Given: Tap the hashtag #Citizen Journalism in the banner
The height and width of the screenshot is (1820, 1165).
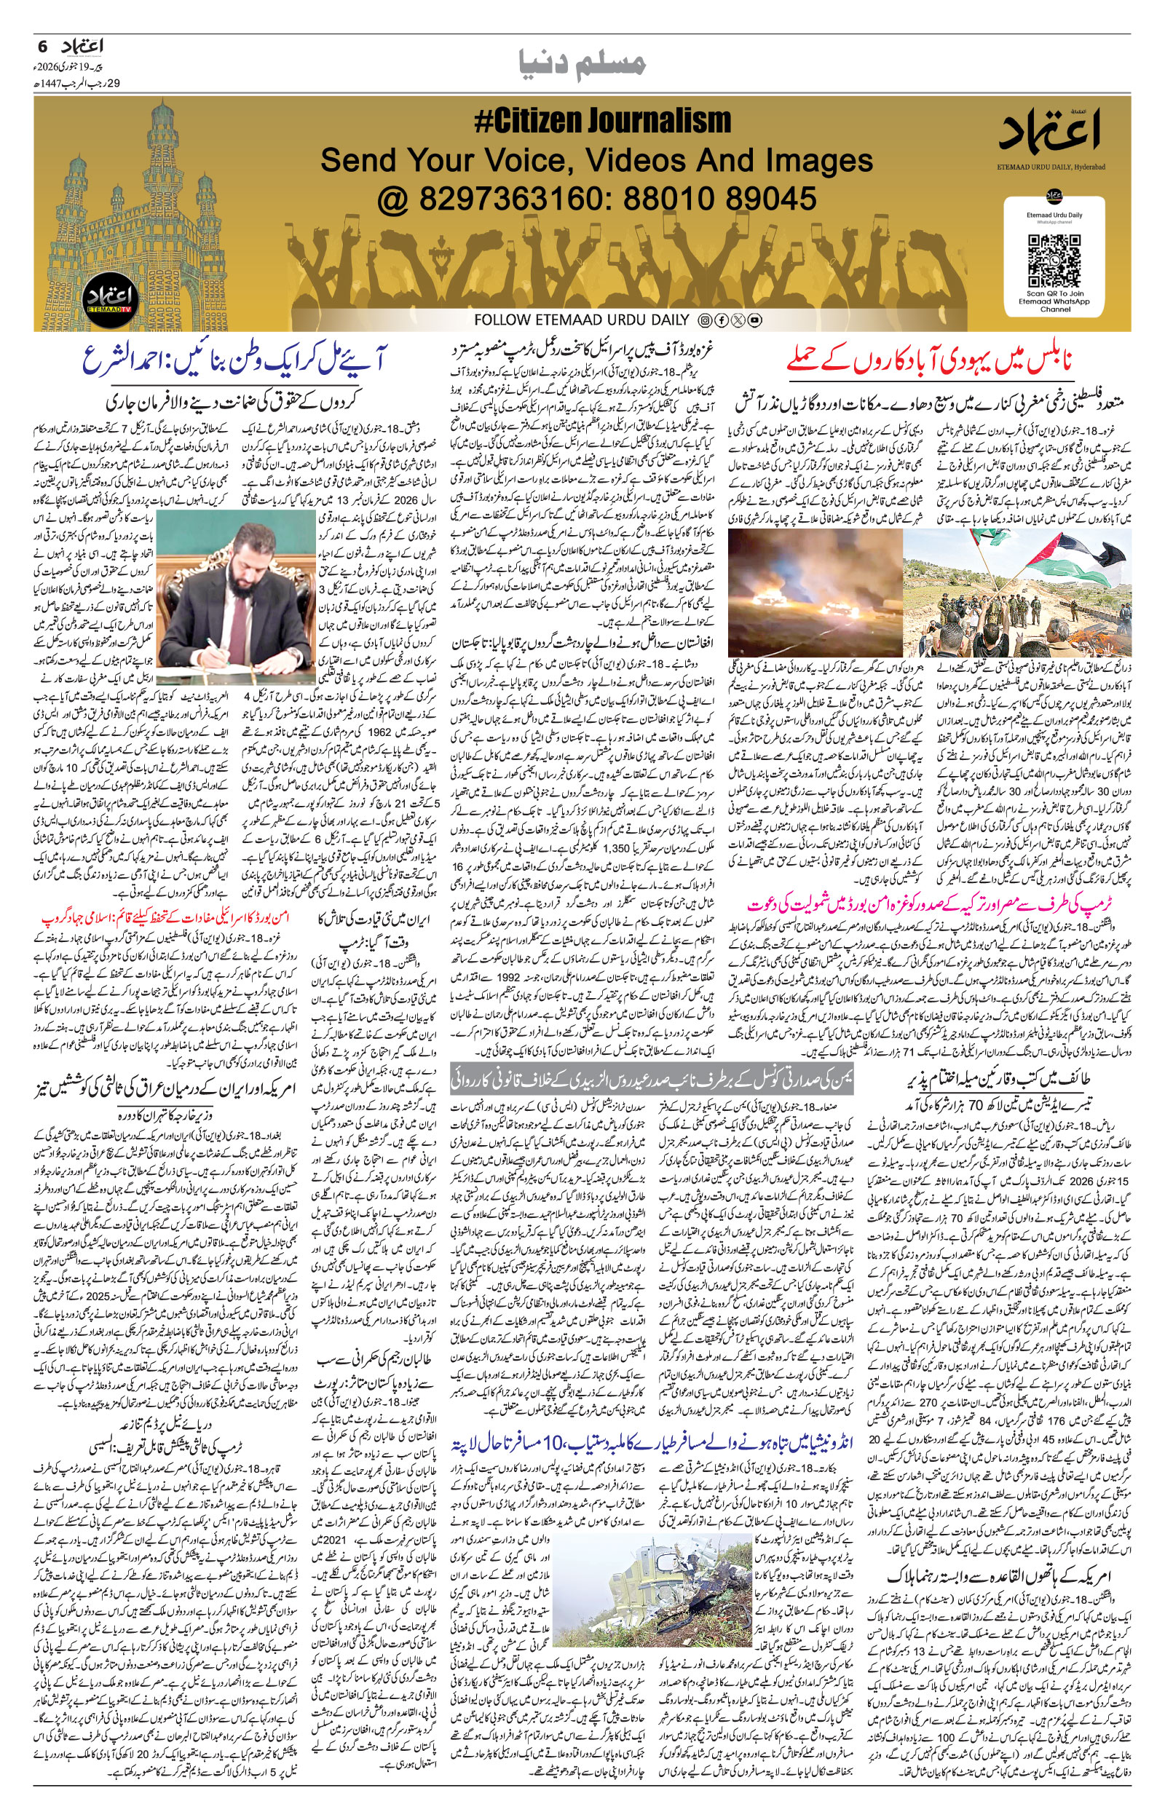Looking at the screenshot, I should click(x=602, y=122).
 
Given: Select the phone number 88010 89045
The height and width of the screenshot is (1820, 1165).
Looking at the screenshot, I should click(x=718, y=199).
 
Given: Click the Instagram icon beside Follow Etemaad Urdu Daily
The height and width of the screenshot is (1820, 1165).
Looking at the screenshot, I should click(x=705, y=320).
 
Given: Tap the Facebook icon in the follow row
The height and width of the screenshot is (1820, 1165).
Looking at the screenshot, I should click(x=722, y=320).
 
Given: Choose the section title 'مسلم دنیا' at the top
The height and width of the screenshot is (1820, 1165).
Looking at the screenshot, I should click(x=582, y=63).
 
